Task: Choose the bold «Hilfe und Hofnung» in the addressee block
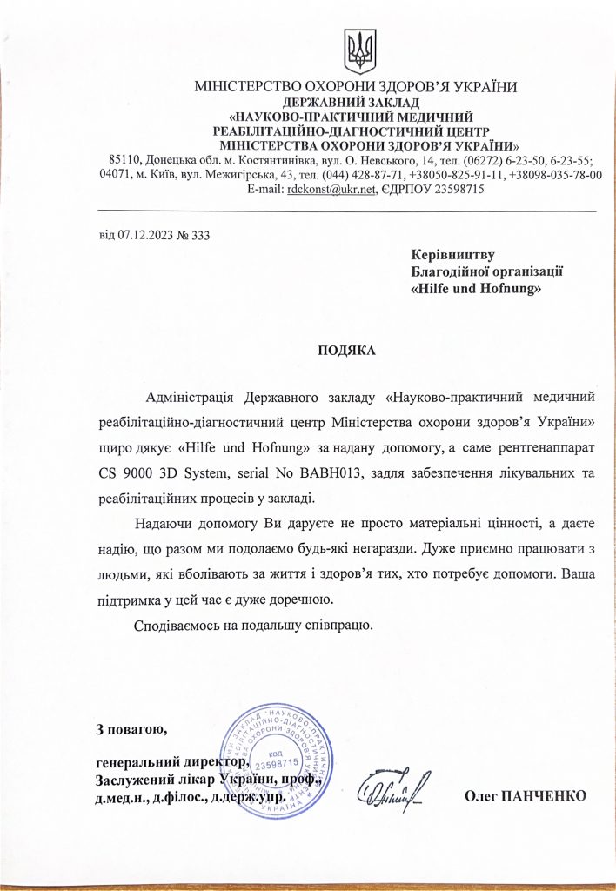[475, 287]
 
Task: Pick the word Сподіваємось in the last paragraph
[177, 625]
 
